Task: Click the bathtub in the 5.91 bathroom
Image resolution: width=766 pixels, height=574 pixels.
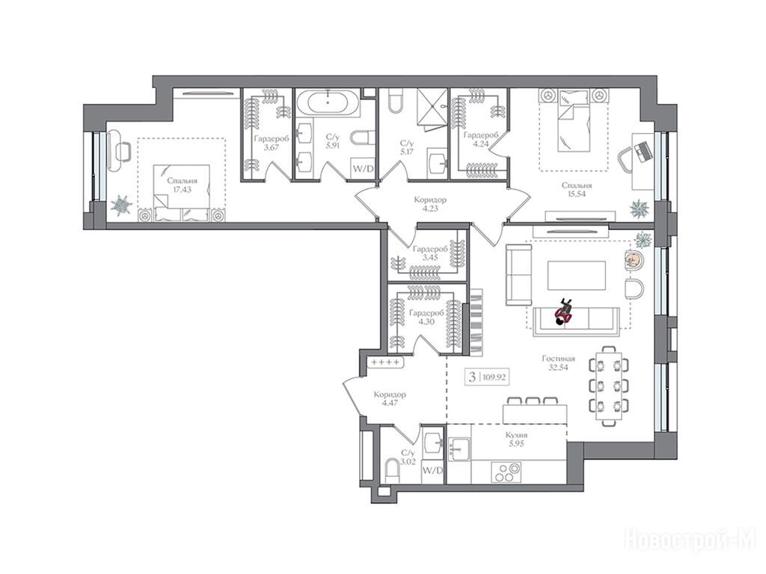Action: point(328,103)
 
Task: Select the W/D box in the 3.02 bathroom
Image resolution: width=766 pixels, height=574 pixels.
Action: point(432,471)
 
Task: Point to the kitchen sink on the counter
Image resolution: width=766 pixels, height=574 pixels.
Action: point(459,449)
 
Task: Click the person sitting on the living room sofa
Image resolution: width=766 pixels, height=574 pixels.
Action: point(564,312)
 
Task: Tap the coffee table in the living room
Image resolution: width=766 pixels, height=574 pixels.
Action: point(577,276)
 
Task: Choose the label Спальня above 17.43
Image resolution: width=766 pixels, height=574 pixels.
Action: point(182,181)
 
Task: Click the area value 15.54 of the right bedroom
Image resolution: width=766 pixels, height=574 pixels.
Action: point(577,194)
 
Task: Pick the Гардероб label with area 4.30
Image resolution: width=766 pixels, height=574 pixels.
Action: point(426,313)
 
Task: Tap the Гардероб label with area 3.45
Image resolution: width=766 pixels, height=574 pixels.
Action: point(430,249)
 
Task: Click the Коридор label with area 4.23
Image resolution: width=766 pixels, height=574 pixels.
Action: point(430,200)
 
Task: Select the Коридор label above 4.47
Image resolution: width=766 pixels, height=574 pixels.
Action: point(389,395)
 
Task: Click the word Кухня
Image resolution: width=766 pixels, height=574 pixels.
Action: point(516,436)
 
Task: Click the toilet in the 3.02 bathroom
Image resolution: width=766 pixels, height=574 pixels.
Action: point(392,471)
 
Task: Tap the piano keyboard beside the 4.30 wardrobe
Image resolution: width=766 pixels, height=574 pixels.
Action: point(477,322)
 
